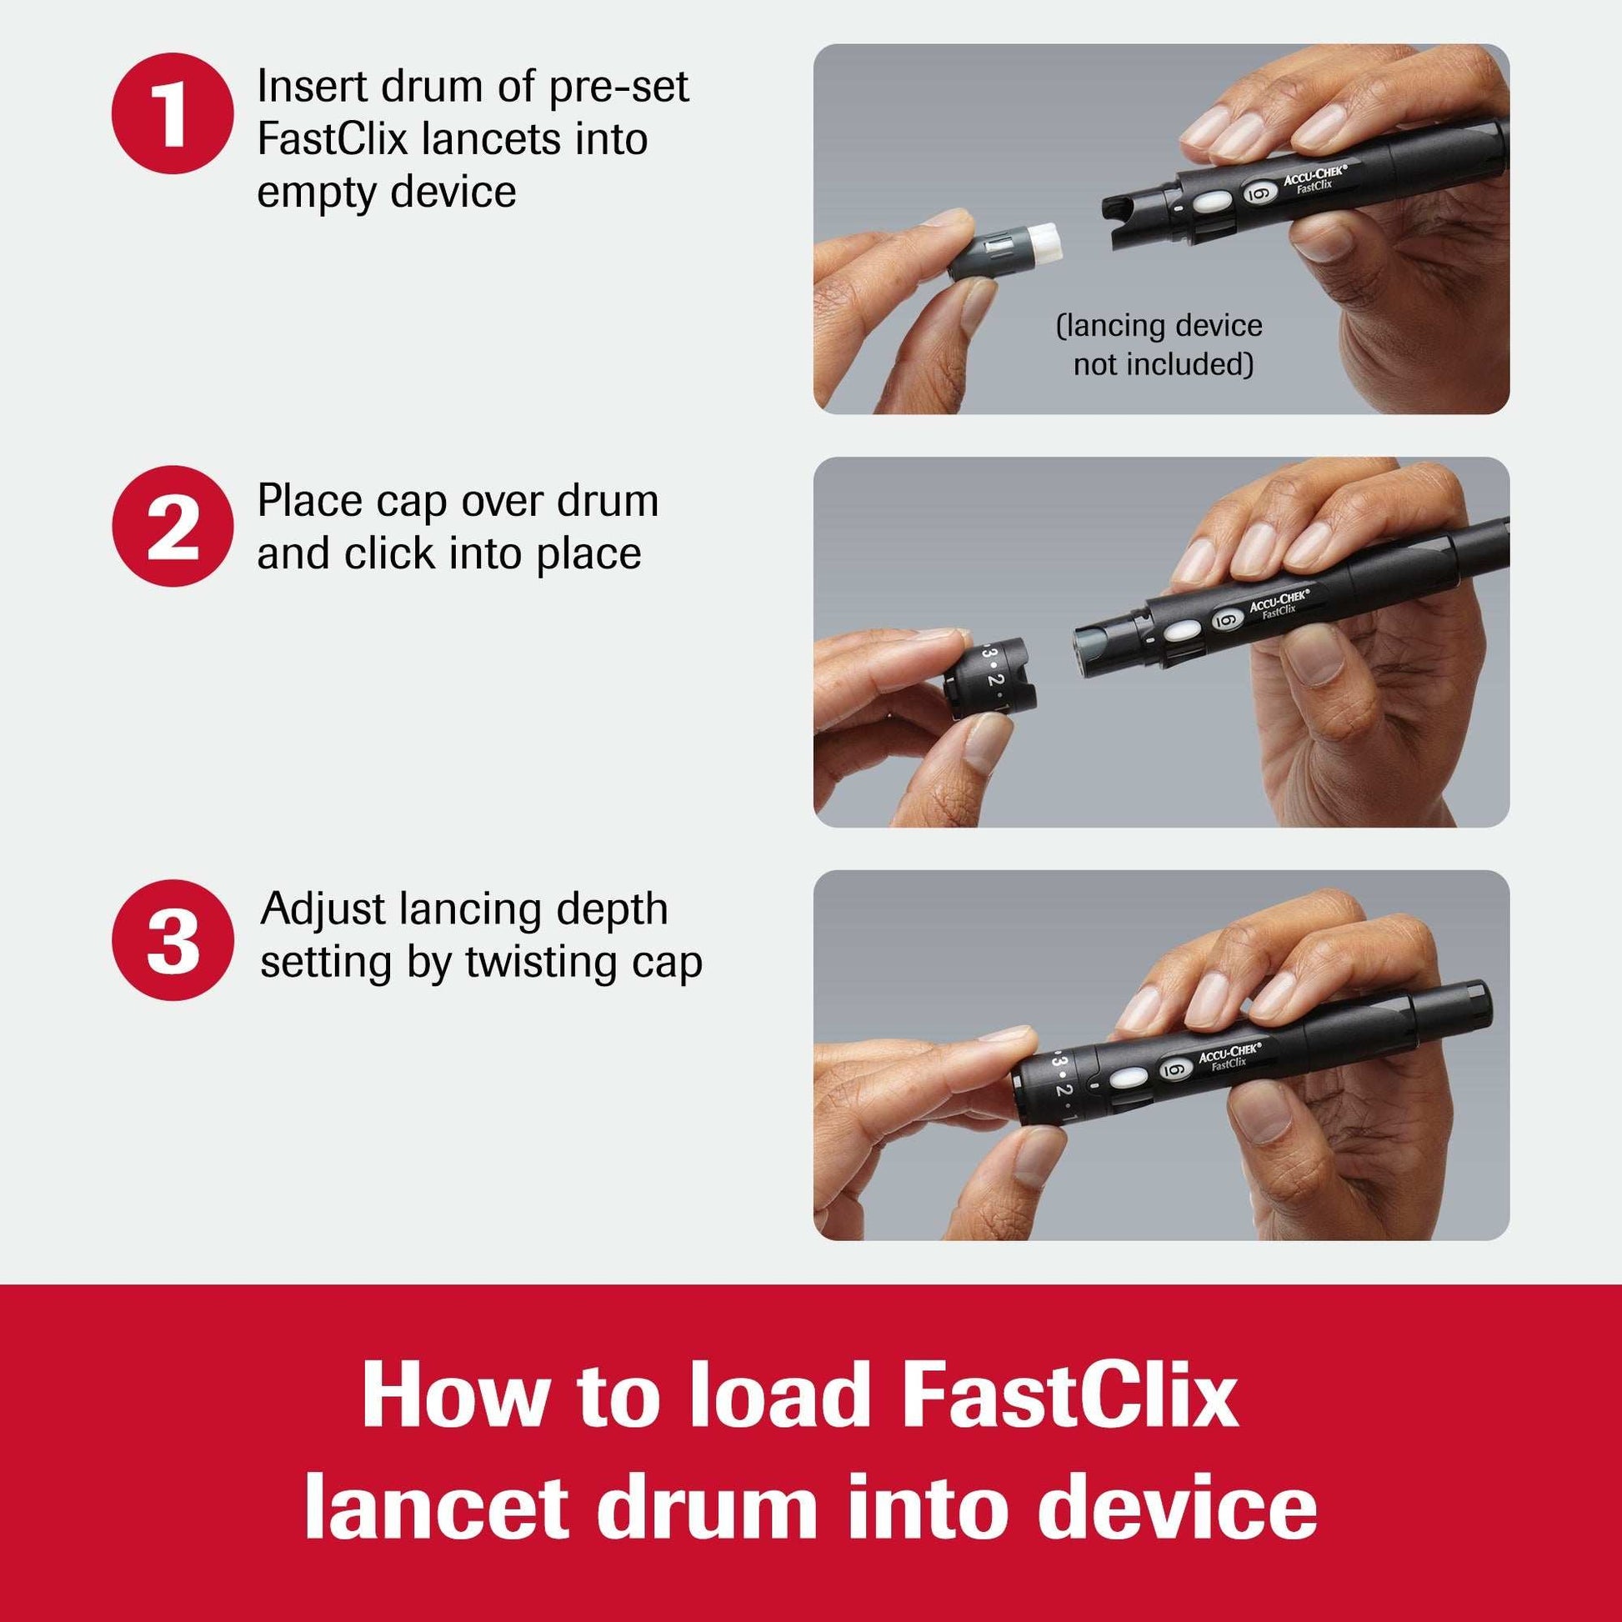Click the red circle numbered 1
coord(171,114)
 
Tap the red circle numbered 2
coord(171,527)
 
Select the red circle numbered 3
coord(171,939)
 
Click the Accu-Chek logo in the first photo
coord(1314,179)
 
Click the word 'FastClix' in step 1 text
coord(332,139)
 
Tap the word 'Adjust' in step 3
coord(323,909)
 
